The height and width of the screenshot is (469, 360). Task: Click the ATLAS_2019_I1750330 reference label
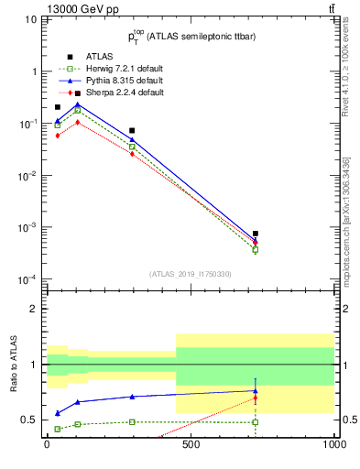click(x=190, y=274)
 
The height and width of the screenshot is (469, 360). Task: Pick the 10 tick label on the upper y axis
click(x=32, y=19)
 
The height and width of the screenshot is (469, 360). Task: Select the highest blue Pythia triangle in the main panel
click(x=78, y=104)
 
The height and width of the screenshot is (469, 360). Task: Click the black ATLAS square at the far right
click(x=256, y=234)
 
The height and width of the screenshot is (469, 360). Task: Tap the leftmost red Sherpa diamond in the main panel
click(x=58, y=136)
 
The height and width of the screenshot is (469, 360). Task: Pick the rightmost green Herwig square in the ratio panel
click(x=256, y=422)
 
